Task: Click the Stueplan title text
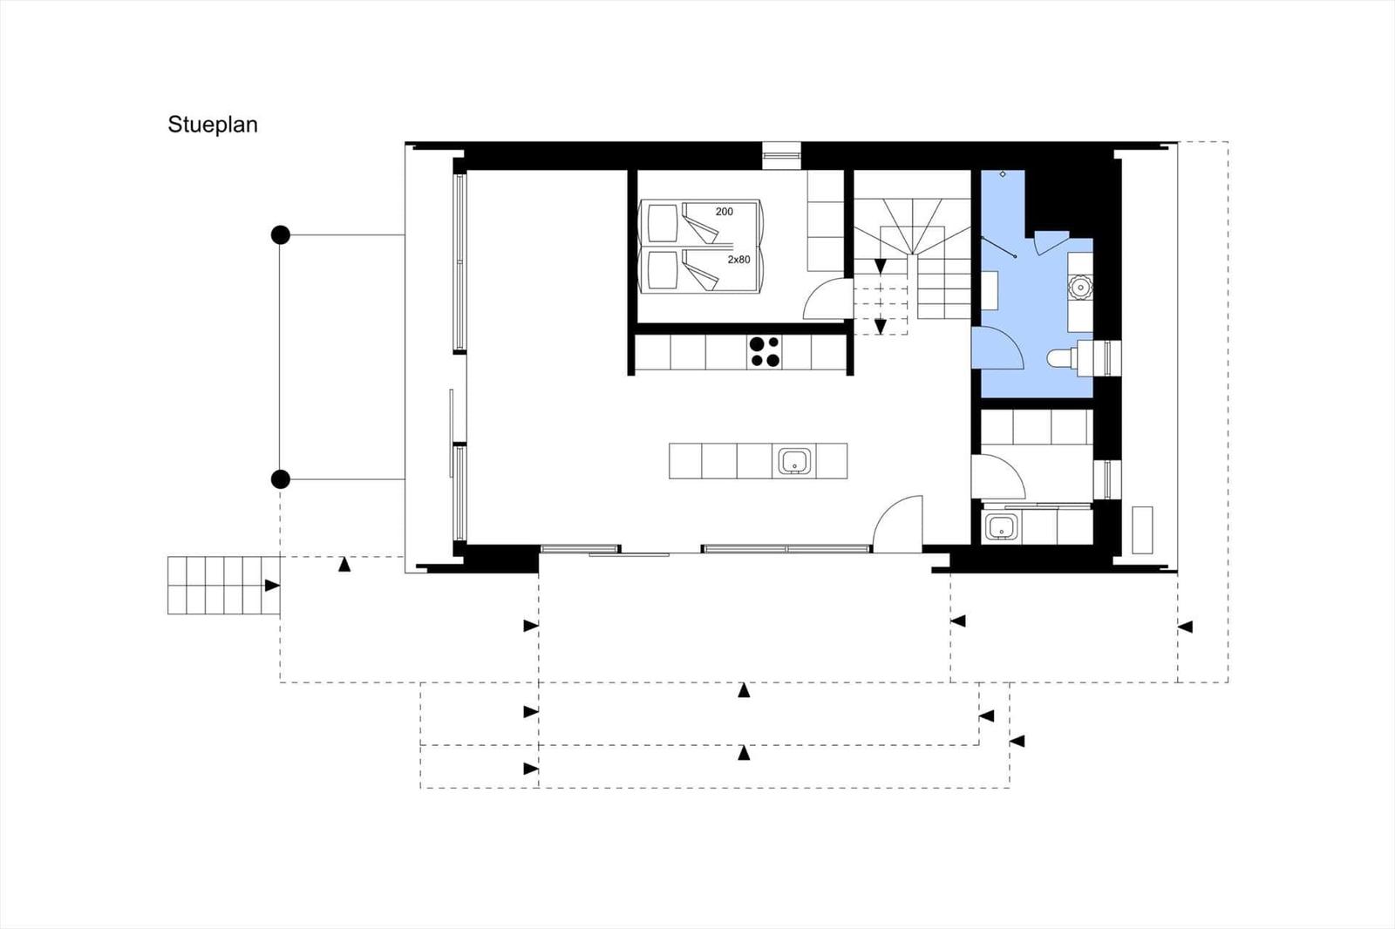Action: coord(213,125)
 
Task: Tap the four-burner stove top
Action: coord(765,351)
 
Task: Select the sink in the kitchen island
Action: coord(794,461)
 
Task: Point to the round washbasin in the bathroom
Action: coord(1079,286)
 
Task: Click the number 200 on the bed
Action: coord(724,212)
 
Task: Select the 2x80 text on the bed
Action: coord(738,260)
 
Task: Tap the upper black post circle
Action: coord(280,234)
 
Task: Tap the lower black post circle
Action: coord(280,479)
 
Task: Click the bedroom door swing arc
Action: coord(824,298)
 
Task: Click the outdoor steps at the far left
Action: coord(215,585)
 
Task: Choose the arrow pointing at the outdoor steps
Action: coord(272,586)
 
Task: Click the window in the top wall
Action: coord(781,155)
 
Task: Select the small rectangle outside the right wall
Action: coord(1142,530)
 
